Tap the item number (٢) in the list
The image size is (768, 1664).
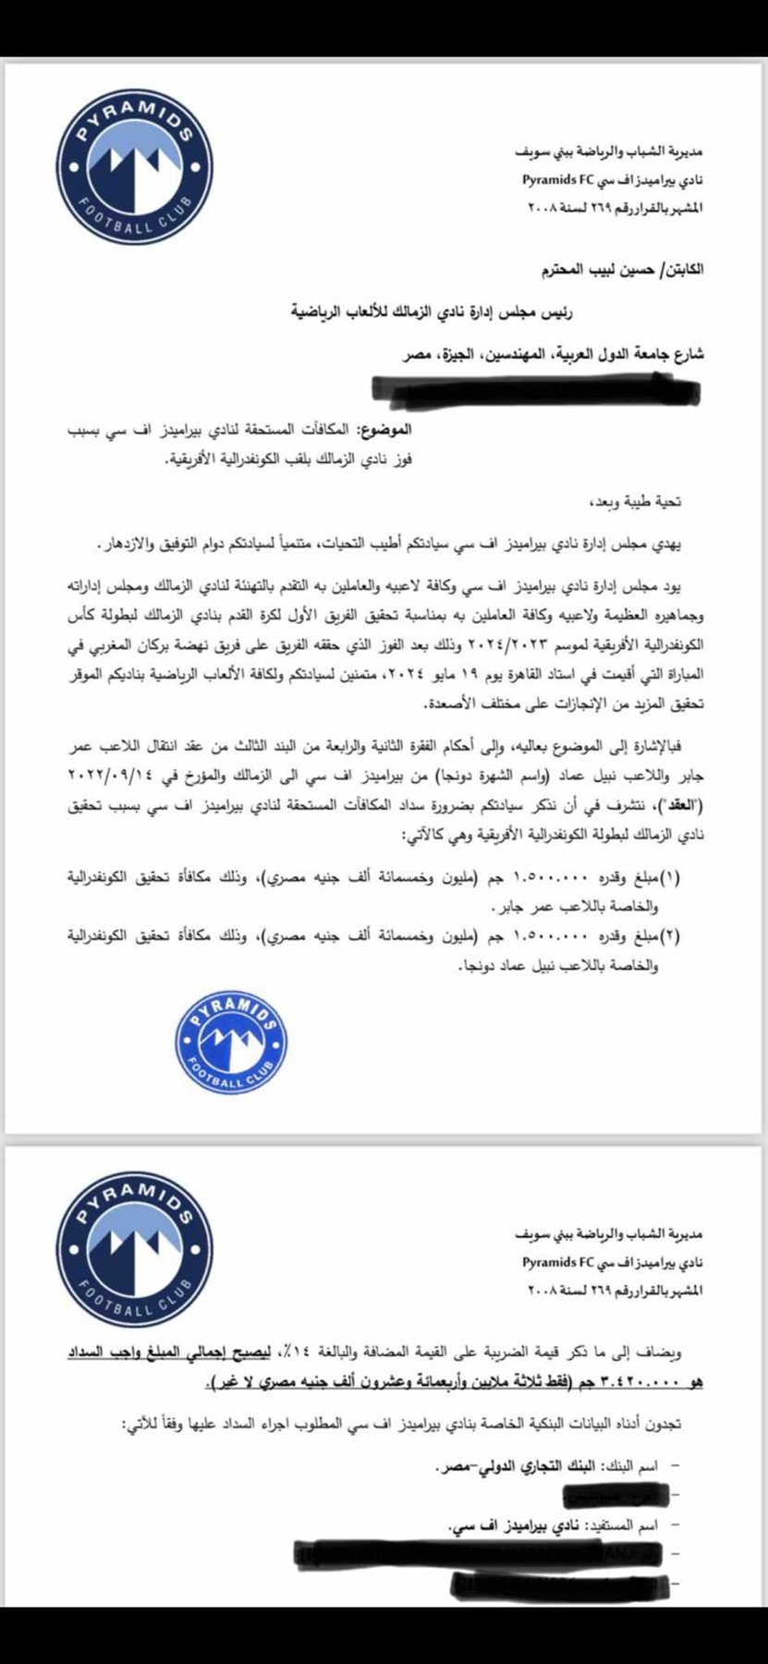pyautogui.click(x=693, y=936)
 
